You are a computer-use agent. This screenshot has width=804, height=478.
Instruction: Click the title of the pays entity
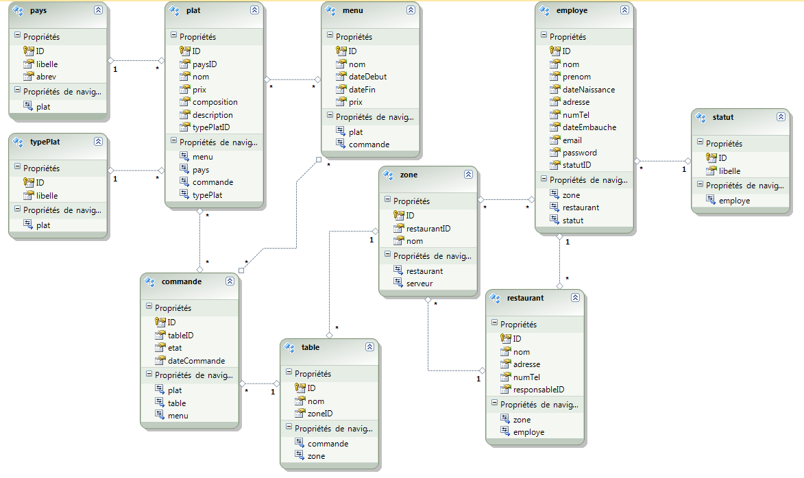[38, 10]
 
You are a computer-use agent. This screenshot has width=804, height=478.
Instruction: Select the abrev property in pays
[46, 77]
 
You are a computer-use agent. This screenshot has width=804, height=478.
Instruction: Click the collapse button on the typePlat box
[98, 141]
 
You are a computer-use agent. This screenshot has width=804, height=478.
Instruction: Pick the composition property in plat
[215, 102]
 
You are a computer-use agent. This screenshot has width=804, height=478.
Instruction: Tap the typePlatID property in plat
[211, 127]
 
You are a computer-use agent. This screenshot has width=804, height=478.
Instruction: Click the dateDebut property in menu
[367, 77]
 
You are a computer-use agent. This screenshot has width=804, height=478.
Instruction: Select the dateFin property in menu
[362, 90]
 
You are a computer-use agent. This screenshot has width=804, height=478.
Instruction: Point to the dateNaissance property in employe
[589, 90]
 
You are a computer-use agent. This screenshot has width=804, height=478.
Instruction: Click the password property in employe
[579, 153]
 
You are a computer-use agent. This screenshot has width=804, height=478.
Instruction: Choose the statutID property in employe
[577, 165]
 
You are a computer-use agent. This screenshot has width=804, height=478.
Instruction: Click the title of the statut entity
[723, 117]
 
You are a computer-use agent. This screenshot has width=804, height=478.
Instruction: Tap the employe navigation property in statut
[734, 201]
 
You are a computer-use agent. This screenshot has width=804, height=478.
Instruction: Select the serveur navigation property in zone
[419, 284]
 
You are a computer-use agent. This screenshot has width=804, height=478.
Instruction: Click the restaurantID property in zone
[428, 229]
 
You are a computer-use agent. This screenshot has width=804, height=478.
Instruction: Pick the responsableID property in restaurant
[538, 390]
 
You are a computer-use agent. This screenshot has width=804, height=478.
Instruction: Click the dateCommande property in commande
[197, 361]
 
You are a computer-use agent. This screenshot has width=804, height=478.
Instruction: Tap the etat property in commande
[175, 348]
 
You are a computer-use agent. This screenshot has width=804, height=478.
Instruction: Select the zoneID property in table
[320, 414]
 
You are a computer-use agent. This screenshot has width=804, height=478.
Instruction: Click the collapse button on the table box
[369, 347]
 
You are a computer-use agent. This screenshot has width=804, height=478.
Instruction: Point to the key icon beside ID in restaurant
[505, 339]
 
